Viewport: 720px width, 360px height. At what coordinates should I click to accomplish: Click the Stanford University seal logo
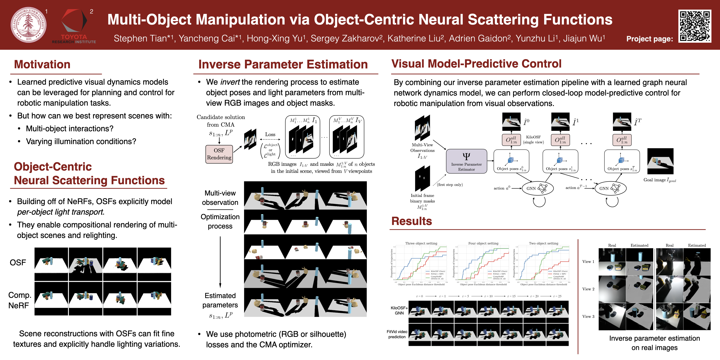pos(28,25)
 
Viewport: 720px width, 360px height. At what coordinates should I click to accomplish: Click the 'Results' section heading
pos(411,221)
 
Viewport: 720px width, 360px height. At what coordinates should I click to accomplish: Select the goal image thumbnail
pos(660,161)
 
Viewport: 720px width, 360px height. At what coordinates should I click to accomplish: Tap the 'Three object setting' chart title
pos(421,243)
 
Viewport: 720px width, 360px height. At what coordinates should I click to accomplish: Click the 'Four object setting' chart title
pos(483,243)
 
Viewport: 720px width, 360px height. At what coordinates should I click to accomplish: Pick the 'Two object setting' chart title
pos(543,243)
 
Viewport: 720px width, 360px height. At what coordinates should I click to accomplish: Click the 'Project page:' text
pos(650,39)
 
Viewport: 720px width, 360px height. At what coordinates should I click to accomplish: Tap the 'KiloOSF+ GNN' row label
pos(399,310)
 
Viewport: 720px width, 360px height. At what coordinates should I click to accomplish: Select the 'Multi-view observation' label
pos(220,198)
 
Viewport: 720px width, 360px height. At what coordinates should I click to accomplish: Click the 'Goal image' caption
pos(660,180)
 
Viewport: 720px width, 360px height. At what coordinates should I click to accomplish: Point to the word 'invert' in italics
pos(230,82)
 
